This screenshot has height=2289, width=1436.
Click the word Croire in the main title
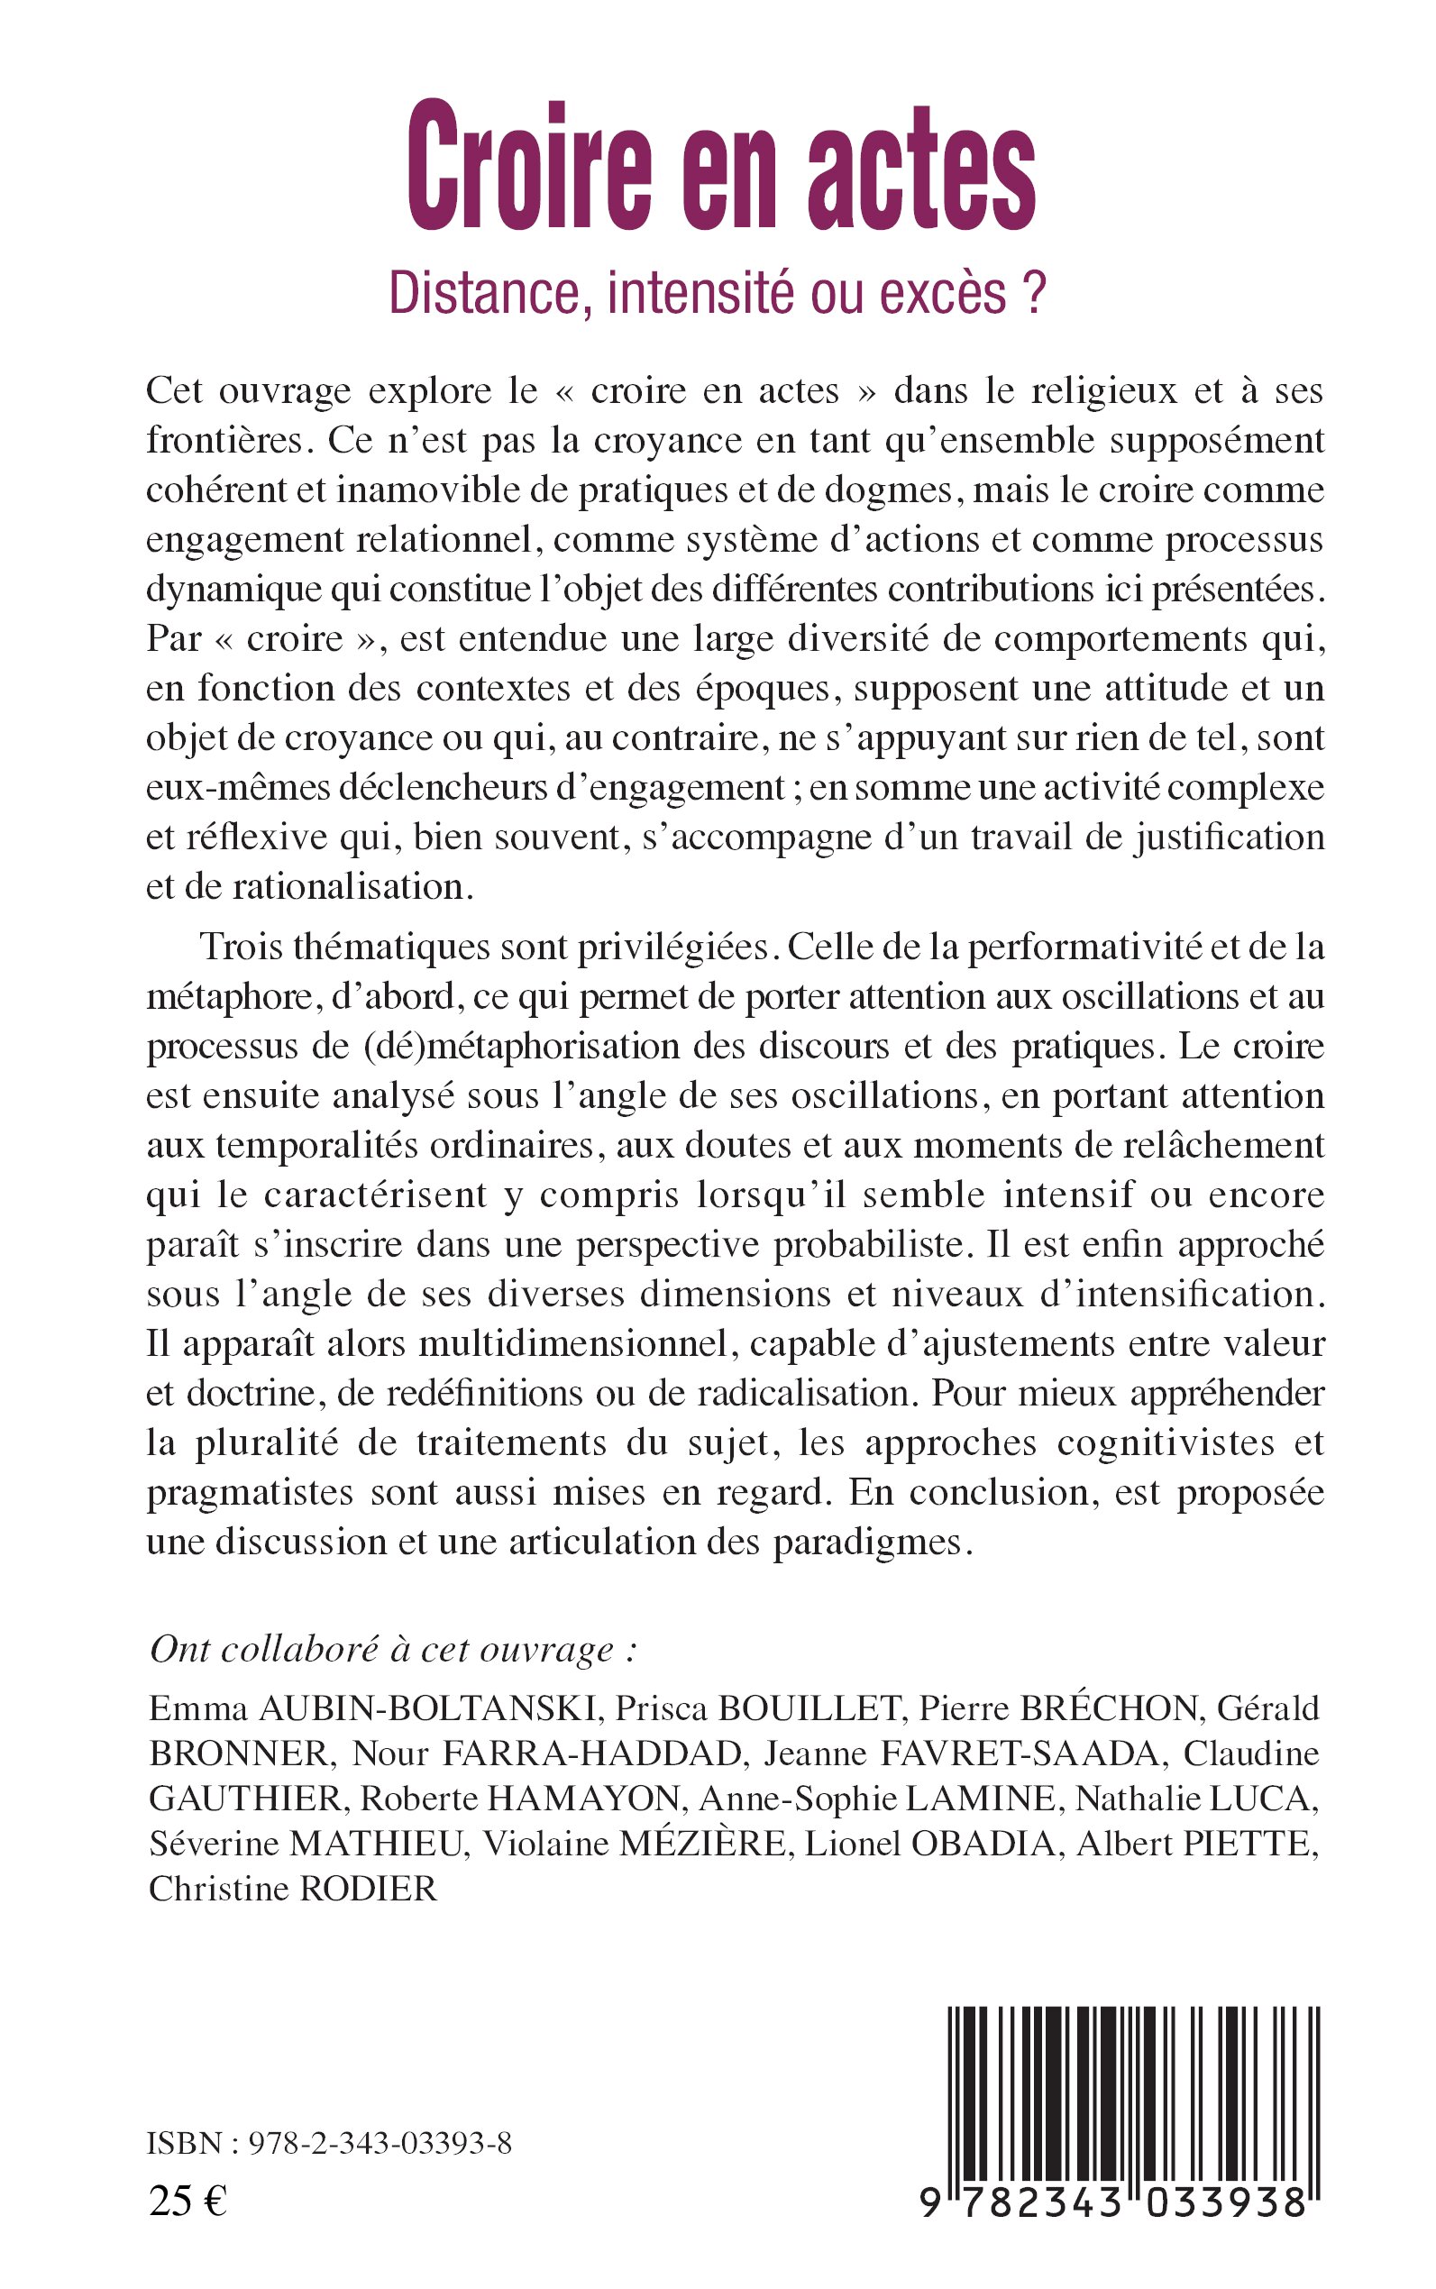[528, 167]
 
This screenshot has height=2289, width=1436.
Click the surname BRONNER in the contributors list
[242, 1753]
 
